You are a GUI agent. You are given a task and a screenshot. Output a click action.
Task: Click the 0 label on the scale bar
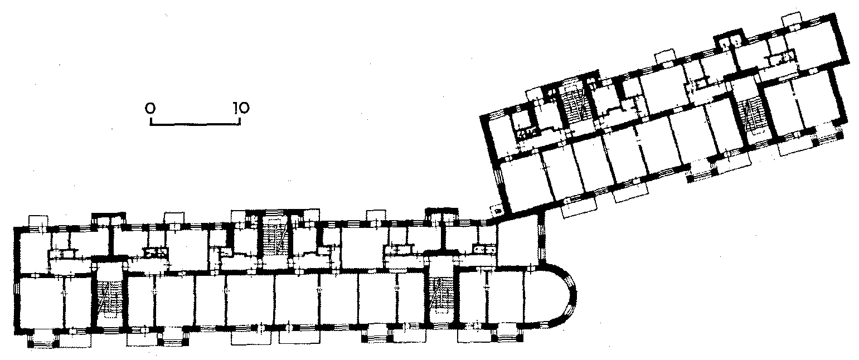click(151, 109)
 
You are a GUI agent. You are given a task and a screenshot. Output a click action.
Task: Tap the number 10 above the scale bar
click(241, 108)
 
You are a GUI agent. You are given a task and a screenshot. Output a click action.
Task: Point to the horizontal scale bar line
click(195, 124)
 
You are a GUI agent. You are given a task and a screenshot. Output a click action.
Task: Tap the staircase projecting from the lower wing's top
click(275, 238)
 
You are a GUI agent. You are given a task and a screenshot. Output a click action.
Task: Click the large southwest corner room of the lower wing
click(41, 302)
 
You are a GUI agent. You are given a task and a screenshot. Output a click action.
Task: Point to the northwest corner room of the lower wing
click(35, 251)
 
